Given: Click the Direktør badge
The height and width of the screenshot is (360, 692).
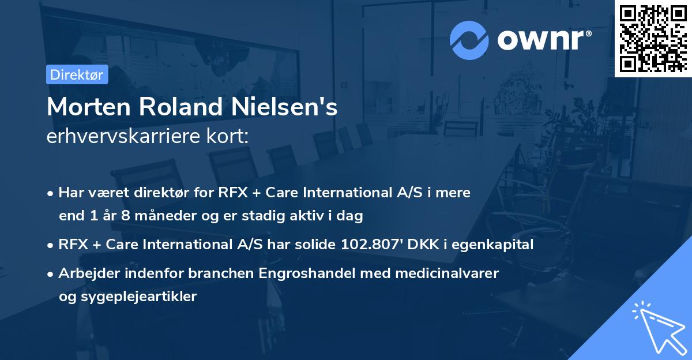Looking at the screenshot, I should coord(77,74).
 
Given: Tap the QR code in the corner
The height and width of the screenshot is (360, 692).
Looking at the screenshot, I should coord(653,39).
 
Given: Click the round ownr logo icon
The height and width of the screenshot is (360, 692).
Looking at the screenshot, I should coord(469,40).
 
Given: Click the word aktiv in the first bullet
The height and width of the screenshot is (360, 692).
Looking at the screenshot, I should coord(321,216).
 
